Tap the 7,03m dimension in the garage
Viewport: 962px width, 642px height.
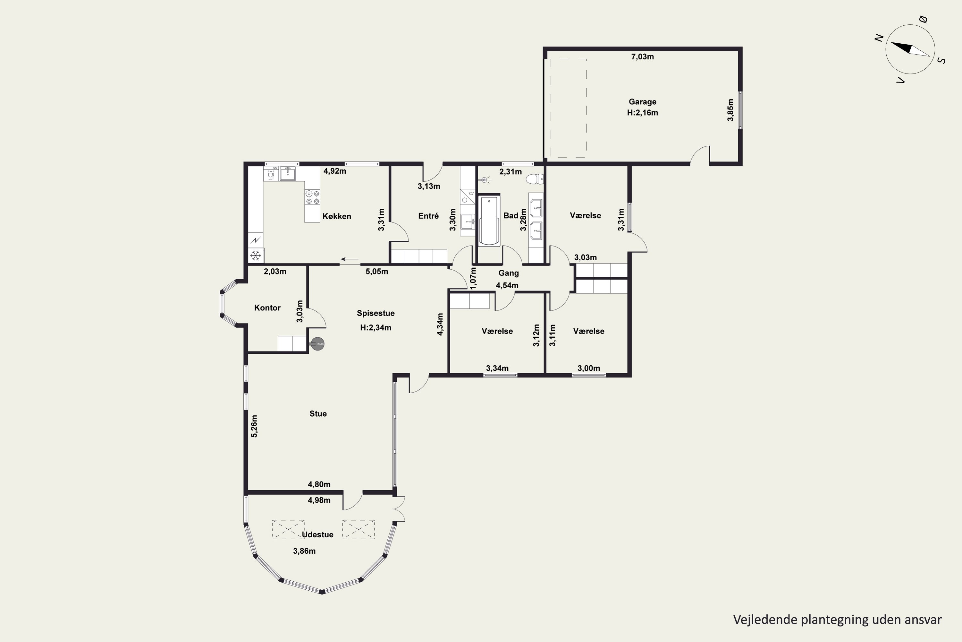tap(642, 57)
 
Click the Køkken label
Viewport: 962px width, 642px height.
tap(337, 216)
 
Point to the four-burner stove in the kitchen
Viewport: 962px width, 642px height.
tap(312, 197)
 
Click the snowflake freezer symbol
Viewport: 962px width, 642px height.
tap(256, 256)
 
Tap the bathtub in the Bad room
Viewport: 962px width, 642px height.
tap(489, 221)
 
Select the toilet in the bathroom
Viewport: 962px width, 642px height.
tap(535, 179)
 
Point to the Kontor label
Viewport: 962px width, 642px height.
tap(267, 308)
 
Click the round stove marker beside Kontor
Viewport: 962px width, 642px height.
tap(318, 344)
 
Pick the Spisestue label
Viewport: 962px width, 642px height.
tap(376, 313)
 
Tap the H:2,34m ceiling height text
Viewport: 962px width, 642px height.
tap(376, 327)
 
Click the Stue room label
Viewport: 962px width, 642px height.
tap(318, 413)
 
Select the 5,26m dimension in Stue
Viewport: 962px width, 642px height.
tap(254, 426)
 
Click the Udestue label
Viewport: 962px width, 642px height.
tap(317, 534)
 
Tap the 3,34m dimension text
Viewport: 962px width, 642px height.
tap(497, 368)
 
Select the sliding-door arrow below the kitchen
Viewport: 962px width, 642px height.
tap(350, 259)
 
